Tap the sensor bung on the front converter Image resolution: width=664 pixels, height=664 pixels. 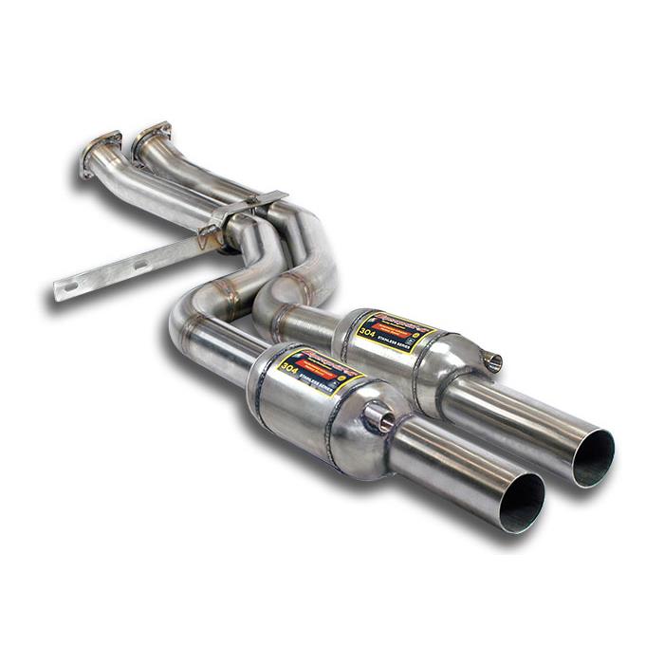(378, 415)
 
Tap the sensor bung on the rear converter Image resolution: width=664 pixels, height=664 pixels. (491, 360)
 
